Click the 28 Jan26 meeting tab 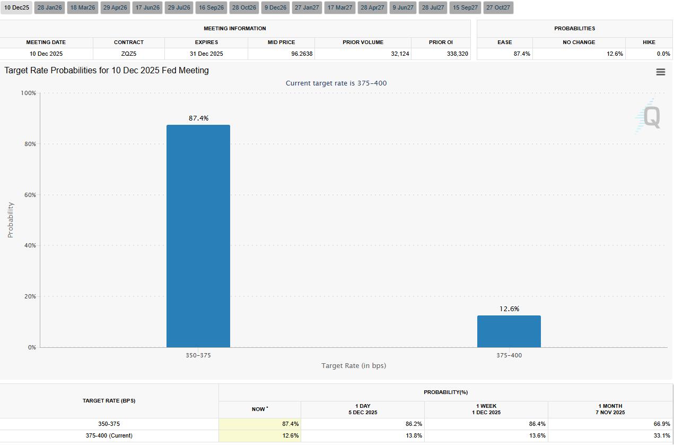pyautogui.click(x=49, y=7)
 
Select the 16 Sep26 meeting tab pyautogui.click(x=211, y=7)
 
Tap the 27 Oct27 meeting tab pyautogui.click(x=498, y=7)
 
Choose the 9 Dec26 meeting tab pyautogui.click(x=275, y=7)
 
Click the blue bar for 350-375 pyautogui.click(x=198, y=236)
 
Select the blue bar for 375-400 pyautogui.click(x=509, y=331)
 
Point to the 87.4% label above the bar pyautogui.click(x=198, y=118)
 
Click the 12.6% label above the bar pyautogui.click(x=509, y=309)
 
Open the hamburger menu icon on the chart pyautogui.click(x=660, y=72)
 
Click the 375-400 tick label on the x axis pyautogui.click(x=509, y=355)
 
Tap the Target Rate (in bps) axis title pyautogui.click(x=353, y=365)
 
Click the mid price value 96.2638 pyautogui.click(x=297, y=54)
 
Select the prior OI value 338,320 pyautogui.click(x=457, y=54)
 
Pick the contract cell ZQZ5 pyautogui.click(x=128, y=54)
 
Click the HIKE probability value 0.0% pyautogui.click(x=663, y=54)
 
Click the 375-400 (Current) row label pyautogui.click(x=109, y=435)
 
